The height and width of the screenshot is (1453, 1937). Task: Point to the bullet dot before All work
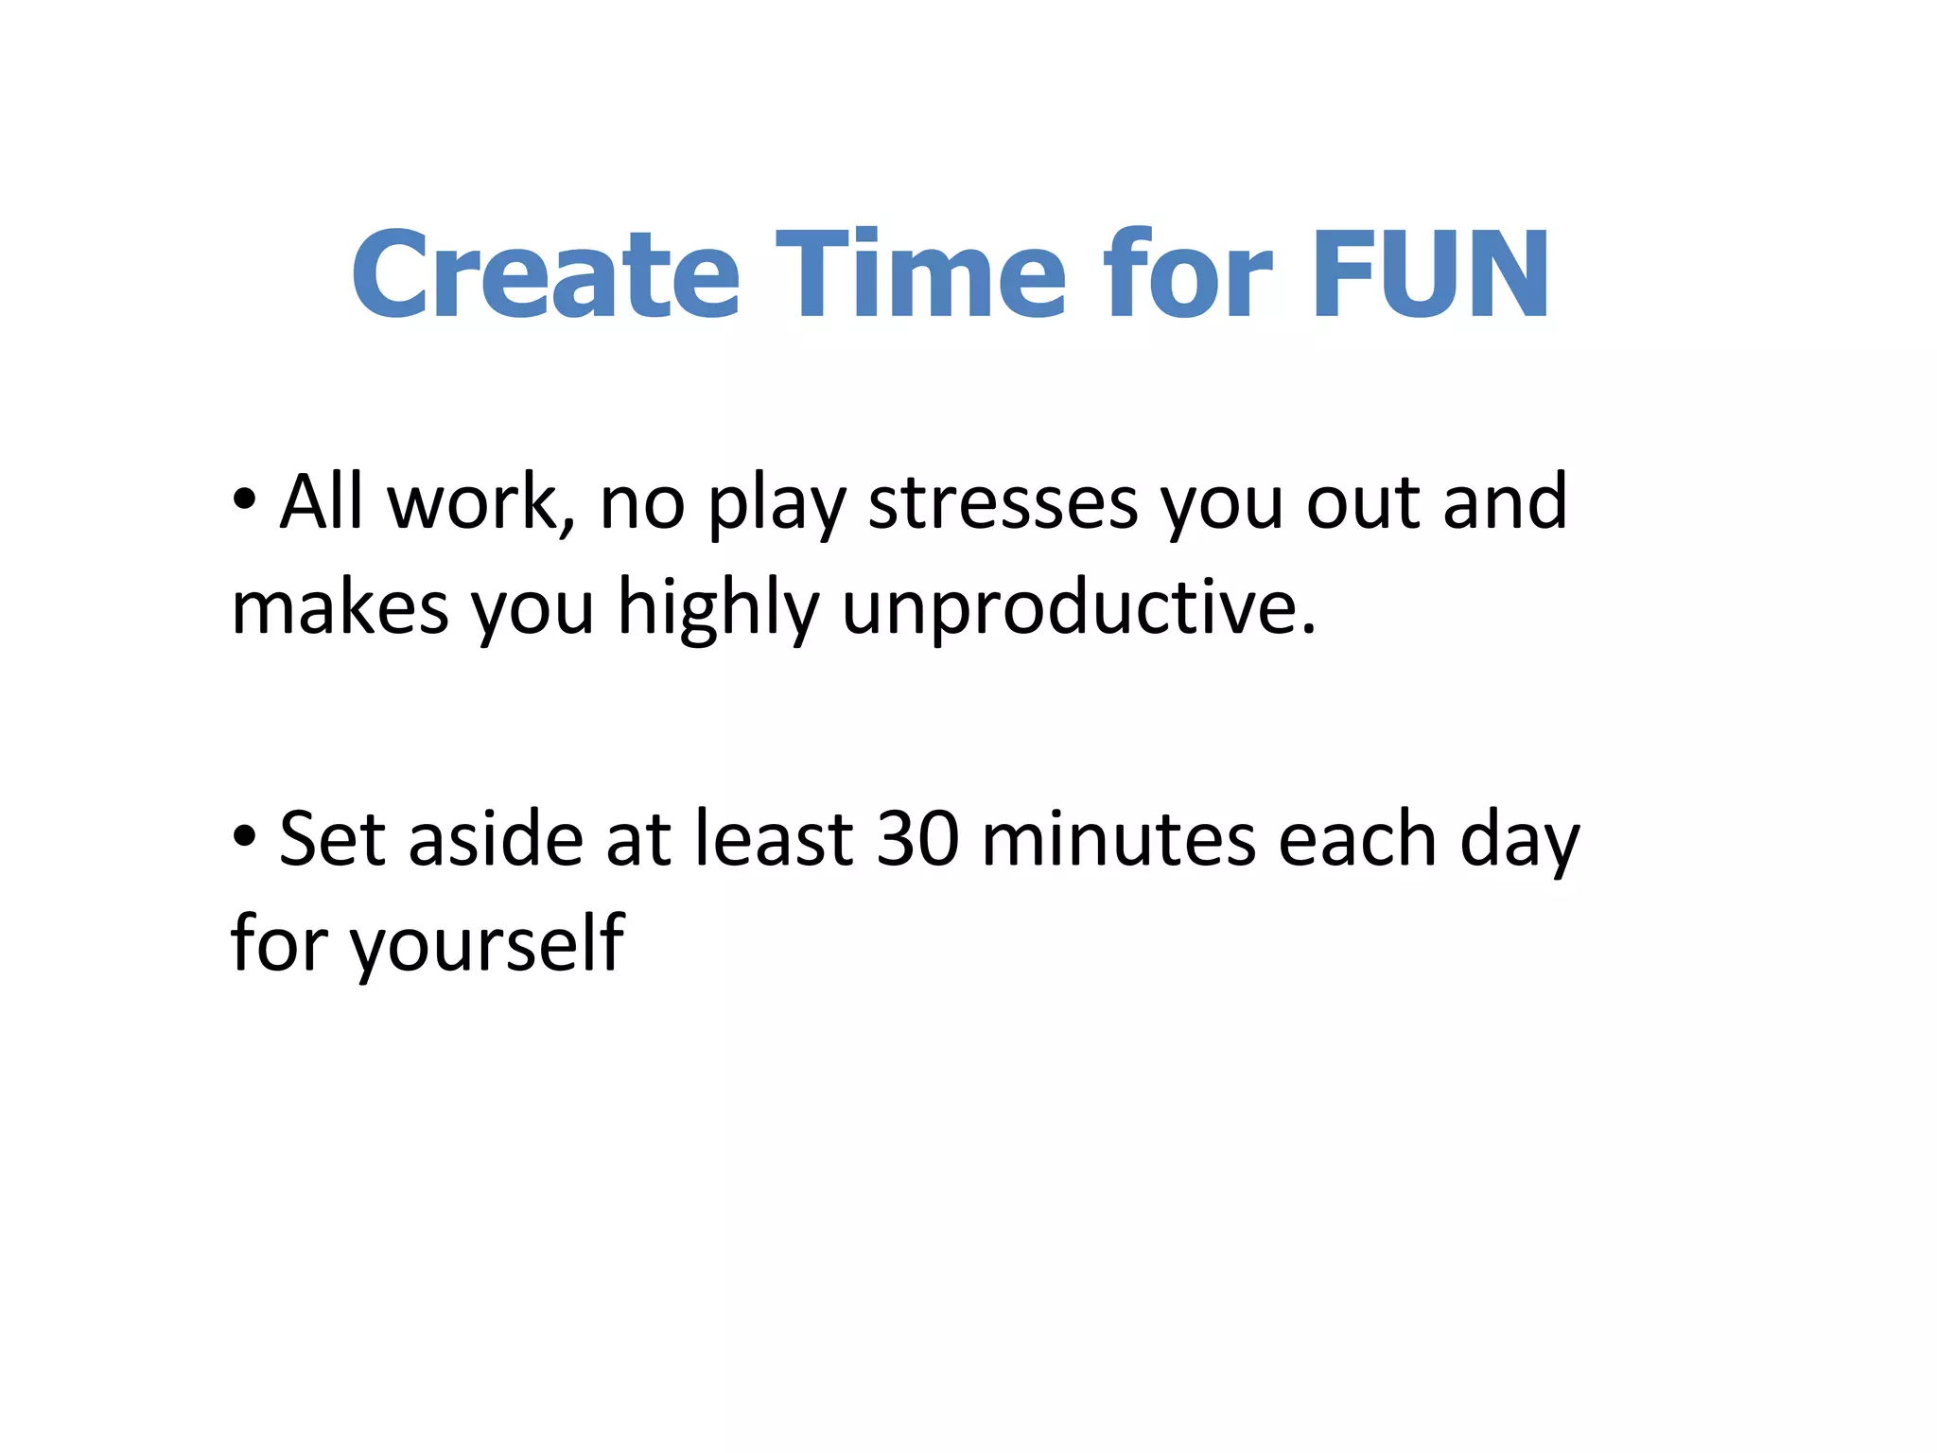click(x=245, y=502)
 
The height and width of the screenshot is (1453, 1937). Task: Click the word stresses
click(x=1003, y=504)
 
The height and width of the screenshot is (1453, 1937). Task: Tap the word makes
click(x=340, y=608)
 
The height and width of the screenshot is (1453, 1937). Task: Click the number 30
click(x=917, y=838)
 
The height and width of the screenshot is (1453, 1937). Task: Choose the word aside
click(x=496, y=838)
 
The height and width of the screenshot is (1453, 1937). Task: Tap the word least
click(x=775, y=838)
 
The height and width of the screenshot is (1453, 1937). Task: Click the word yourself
click(x=486, y=944)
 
